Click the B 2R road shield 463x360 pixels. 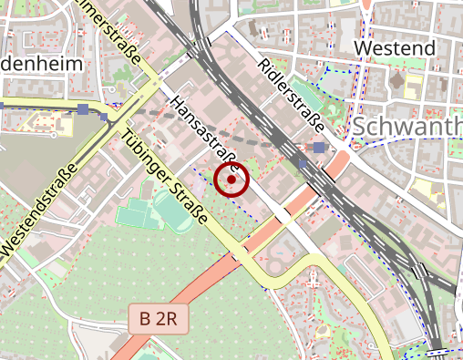click(x=158, y=319)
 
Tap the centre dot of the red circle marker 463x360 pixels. click(x=231, y=180)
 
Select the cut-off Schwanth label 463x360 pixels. click(x=406, y=128)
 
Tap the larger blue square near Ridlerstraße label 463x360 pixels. click(x=319, y=147)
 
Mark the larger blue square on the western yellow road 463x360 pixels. click(x=83, y=109)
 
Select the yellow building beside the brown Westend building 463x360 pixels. click(x=412, y=88)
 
